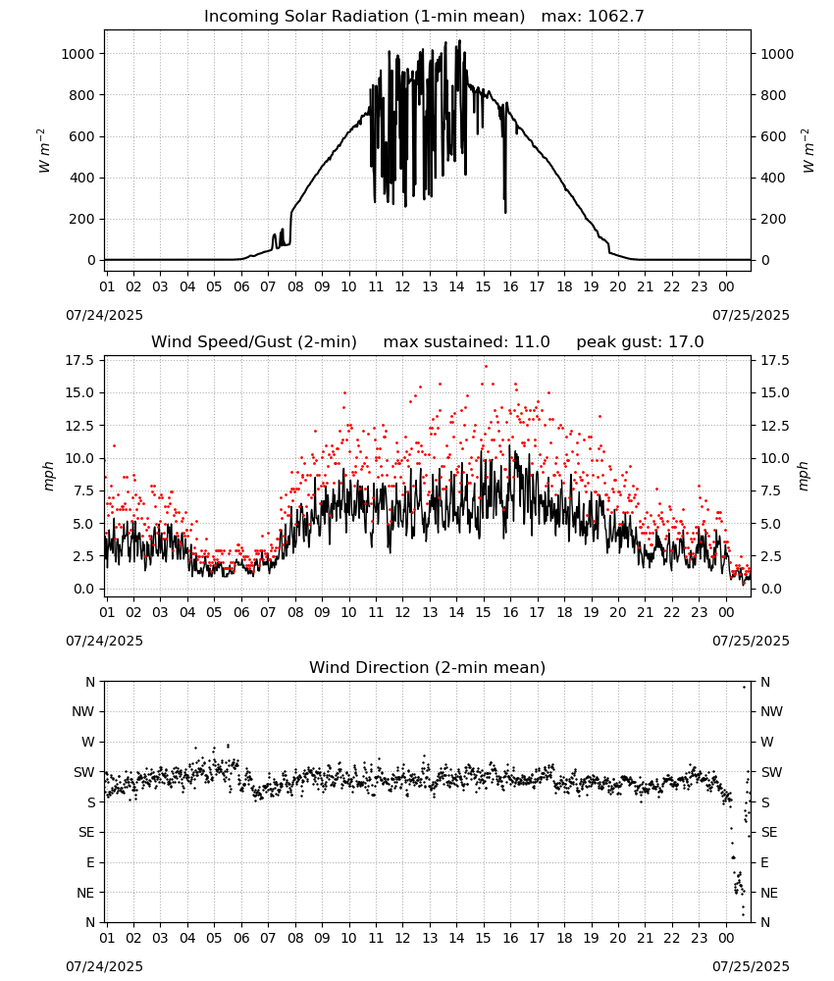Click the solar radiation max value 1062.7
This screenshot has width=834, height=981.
[616, 17]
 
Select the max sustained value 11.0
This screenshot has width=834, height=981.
[532, 342]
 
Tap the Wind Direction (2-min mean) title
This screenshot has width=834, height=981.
[428, 667]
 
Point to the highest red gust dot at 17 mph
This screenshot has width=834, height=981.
[486, 366]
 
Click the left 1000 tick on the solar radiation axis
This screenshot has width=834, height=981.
[78, 54]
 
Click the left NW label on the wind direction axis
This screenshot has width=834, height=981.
[83, 711]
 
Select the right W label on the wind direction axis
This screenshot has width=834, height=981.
[767, 742]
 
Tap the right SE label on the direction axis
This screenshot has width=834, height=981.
[769, 832]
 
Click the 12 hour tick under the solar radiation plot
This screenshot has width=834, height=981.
[402, 286]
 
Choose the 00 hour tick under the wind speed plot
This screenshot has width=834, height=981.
[726, 612]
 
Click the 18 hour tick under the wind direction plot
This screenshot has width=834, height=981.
[564, 938]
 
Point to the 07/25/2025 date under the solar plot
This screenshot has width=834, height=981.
[751, 315]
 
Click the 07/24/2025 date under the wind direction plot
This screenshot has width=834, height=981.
[104, 966]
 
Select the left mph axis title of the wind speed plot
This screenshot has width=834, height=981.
[49, 476]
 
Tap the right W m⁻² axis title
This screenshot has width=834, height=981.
[808, 151]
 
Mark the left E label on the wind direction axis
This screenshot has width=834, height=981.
[90, 862]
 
